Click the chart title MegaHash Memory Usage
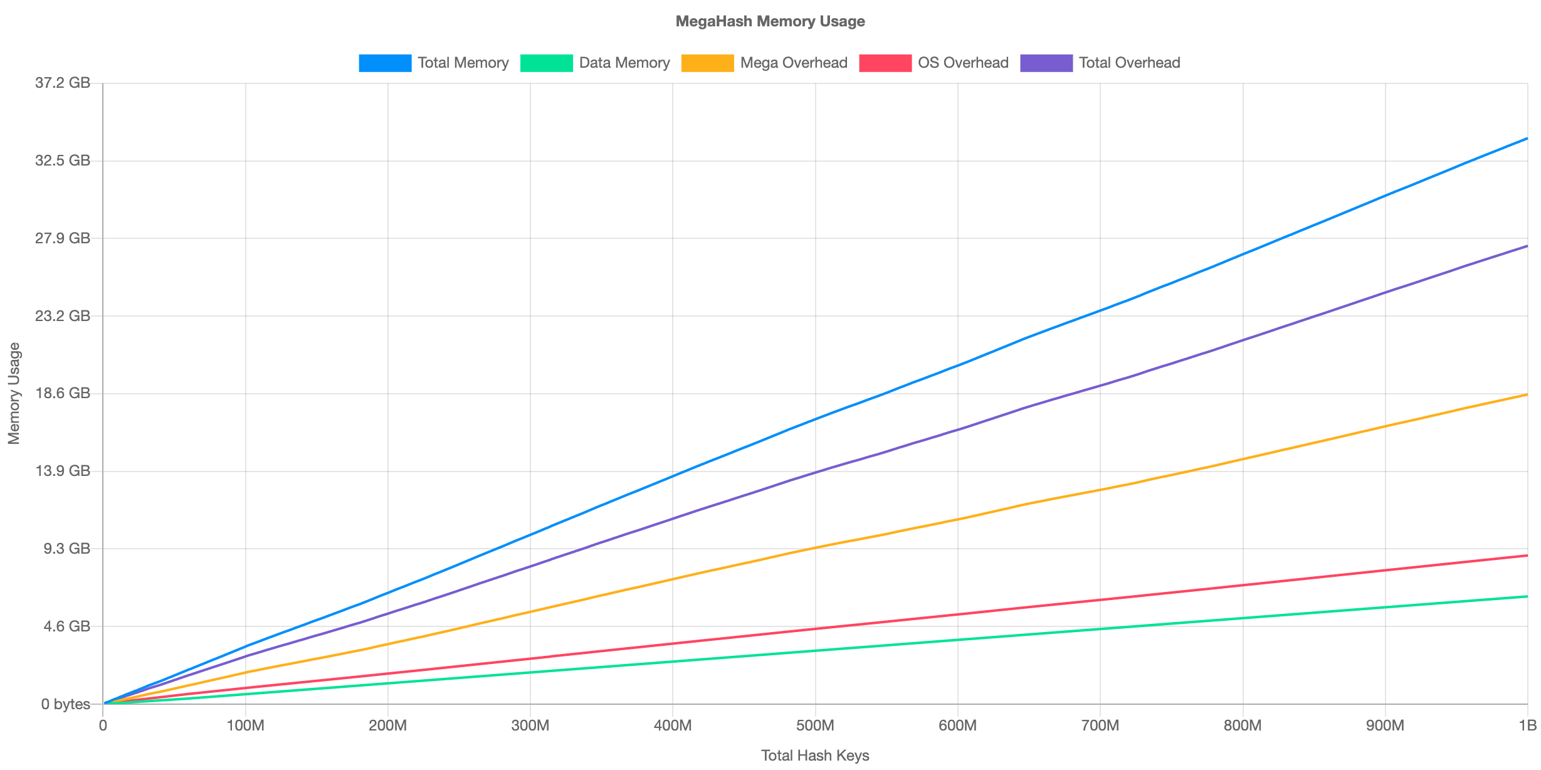(x=770, y=21)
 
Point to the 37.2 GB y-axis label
(x=63, y=83)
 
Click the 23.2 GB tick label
(x=63, y=315)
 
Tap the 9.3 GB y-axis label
(x=66, y=549)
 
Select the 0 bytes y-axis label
(x=66, y=704)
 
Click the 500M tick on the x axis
(x=815, y=725)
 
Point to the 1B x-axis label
(x=1527, y=725)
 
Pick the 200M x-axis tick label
(x=387, y=725)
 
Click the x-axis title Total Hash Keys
(x=815, y=756)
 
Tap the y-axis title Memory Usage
(x=14, y=393)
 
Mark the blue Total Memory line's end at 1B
(x=1527, y=139)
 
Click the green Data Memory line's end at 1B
(x=1527, y=596)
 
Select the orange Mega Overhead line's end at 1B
(x=1527, y=395)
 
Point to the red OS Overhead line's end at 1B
(x=1527, y=556)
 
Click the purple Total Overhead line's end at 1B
(x=1527, y=246)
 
